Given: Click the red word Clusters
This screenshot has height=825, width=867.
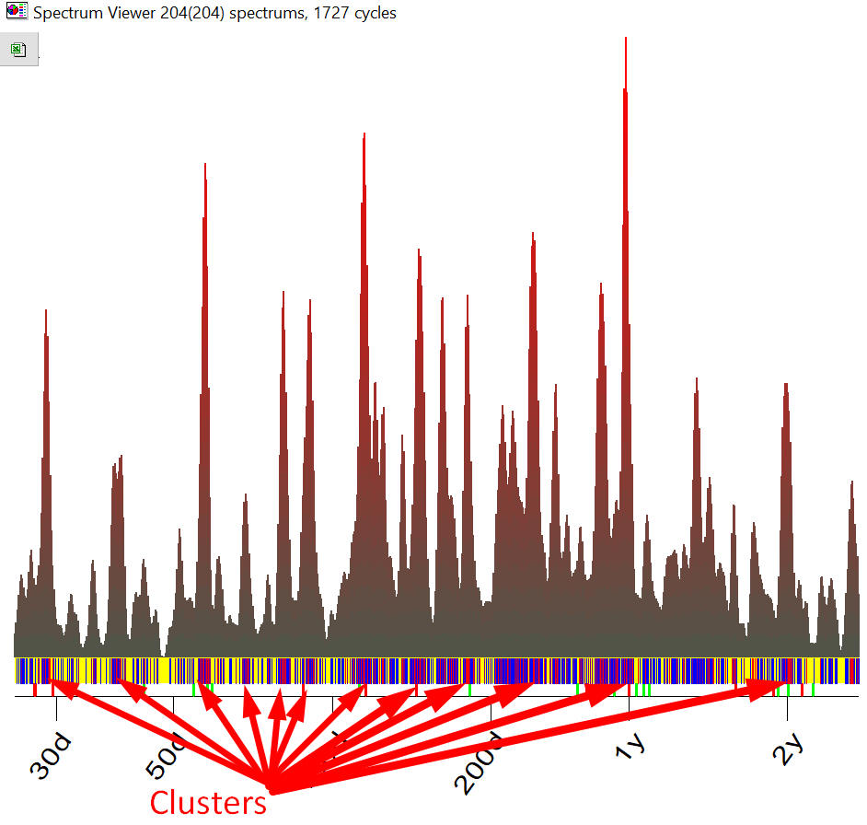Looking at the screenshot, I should (208, 802).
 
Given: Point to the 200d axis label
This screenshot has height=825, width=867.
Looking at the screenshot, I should (484, 761).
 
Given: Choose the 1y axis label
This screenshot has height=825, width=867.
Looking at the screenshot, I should (630, 747).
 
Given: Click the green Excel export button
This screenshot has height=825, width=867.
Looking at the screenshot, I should (18, 50).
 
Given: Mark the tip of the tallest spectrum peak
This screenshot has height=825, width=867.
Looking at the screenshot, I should (626, 39).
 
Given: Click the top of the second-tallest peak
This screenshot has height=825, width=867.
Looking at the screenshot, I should (364, 134).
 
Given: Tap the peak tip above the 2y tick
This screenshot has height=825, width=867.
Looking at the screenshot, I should (785, 384).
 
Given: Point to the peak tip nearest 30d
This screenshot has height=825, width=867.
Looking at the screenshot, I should (45, 311).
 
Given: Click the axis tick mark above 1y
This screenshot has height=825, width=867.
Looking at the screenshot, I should (629, 705).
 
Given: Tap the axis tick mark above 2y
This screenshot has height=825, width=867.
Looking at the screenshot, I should (787, 705).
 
